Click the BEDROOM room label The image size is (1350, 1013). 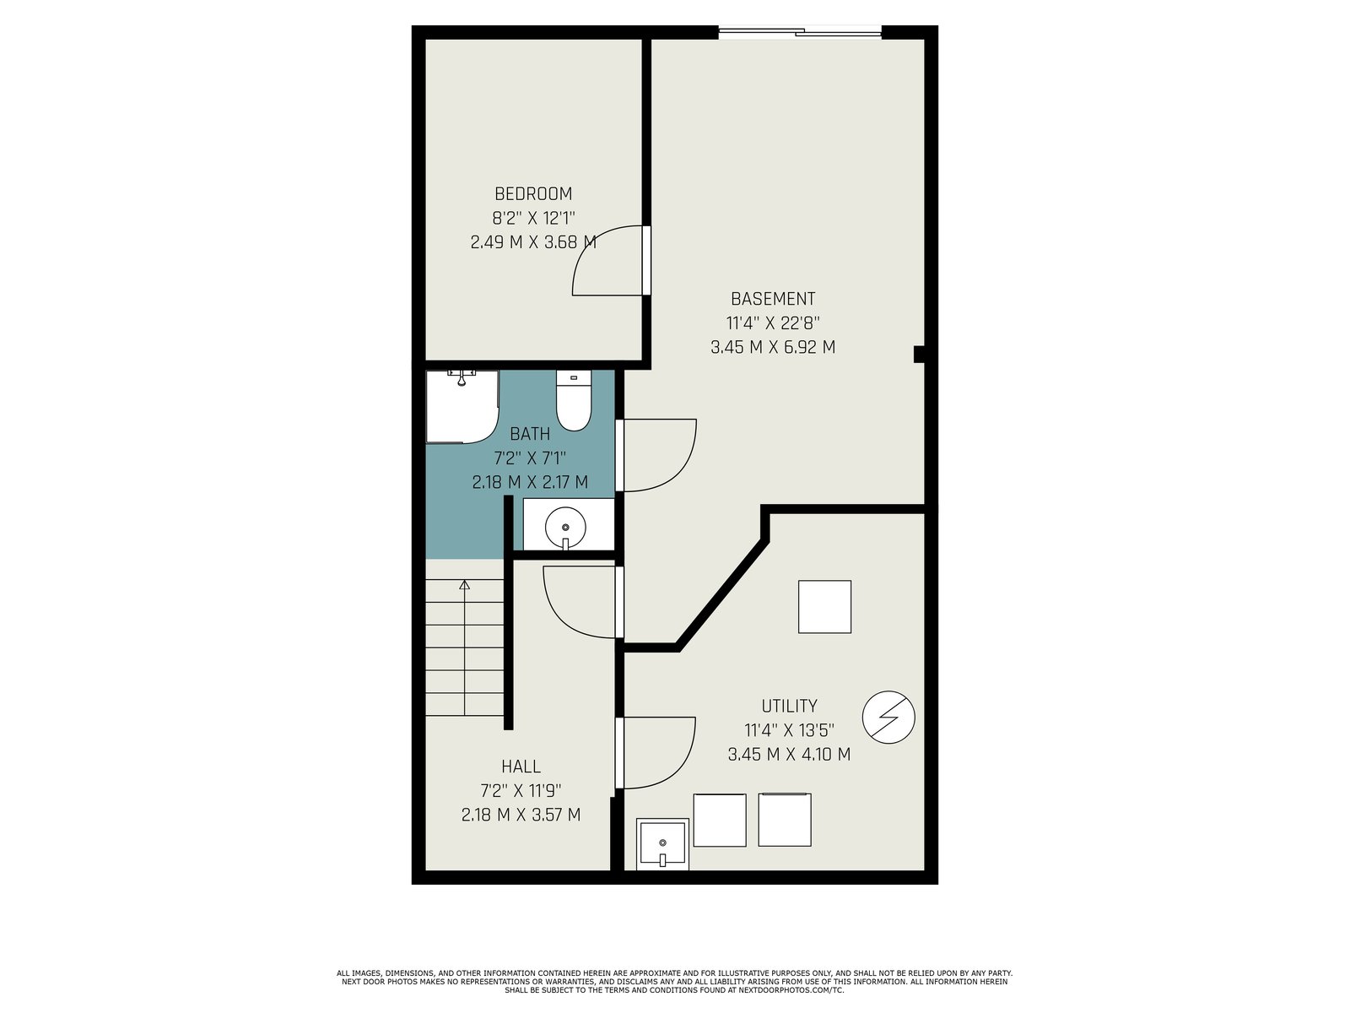pyautogui.click(x=533, y=194)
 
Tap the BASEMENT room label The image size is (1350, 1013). pyautogui.click(x=773, y=299)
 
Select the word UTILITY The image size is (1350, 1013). pyautogui.click(x=789, y=706)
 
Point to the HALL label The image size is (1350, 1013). pyautogui.click(x=521, y=767)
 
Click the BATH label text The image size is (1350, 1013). pyautogui.click(x=530, y=434)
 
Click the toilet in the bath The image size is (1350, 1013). pyautogui.click(x=573, y=400)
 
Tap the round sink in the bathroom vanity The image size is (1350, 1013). pyautogui.click(x=565, y=527)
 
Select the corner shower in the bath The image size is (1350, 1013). pyautogui.click(x=462, y=406)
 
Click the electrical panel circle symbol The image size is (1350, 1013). pyautogui.click(x=888, y=718)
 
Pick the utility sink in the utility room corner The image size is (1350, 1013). pyautogui.click(x=662, y=844)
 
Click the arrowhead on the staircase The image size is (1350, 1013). pyautogui.click(x=464, y=585)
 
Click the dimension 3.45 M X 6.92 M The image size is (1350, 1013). pyautogui.click(x=773, y=348)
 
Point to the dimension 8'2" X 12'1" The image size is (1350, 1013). pyautogui.click(x=533, y=219)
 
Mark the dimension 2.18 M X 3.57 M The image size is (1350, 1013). pyautogui.click(x=521, y=815)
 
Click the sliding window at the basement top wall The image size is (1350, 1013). pyautogui.click(x=800, y=31)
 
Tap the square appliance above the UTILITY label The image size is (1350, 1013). pyautogui.click(x=824, y=606)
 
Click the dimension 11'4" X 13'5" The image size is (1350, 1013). pyautogui.click(x=789, y=730)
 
